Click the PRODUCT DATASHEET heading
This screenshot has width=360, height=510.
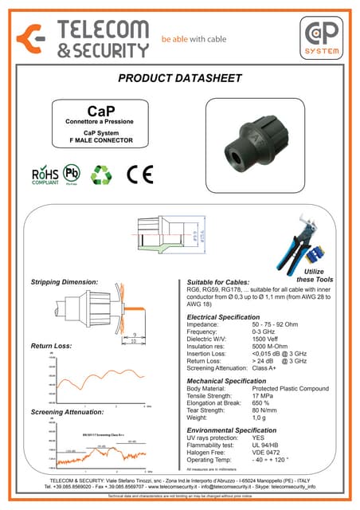click(179, 78)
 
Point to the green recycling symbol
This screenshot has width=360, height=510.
click(101, 175)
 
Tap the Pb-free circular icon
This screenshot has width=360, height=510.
click(72, 175)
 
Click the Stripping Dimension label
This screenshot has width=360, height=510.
click(65, 282)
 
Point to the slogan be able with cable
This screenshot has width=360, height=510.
click(194, 37)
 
